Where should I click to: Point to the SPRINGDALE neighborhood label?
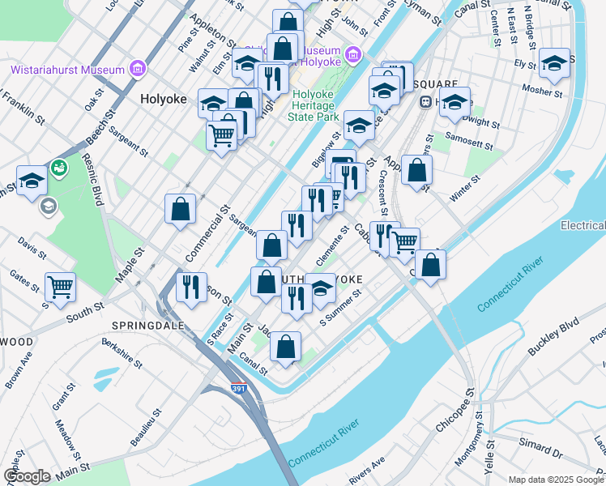click(147, 326)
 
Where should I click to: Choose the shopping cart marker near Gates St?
click(60, 287)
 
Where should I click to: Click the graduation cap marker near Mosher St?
click(554, 62)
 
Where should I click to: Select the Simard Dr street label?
click(540, 446)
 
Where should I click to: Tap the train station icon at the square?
click(424, 102)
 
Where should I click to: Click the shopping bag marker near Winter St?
click(416, 170)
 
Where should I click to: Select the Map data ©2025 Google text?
click(556, 479)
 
